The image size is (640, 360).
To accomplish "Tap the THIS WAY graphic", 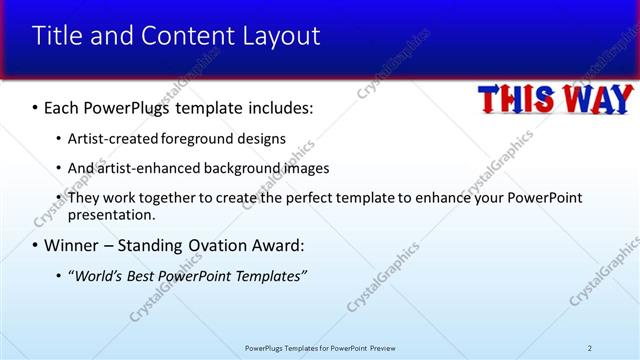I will [554, 99].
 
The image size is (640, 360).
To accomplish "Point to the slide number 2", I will [590, 347].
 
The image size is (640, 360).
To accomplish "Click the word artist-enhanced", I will [146, 168].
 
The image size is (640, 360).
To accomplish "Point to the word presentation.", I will [111, 214].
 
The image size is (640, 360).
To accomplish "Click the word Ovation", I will [212, 245].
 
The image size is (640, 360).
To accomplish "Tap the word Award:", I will [276, 245].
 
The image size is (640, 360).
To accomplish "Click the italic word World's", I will [101, 275].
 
